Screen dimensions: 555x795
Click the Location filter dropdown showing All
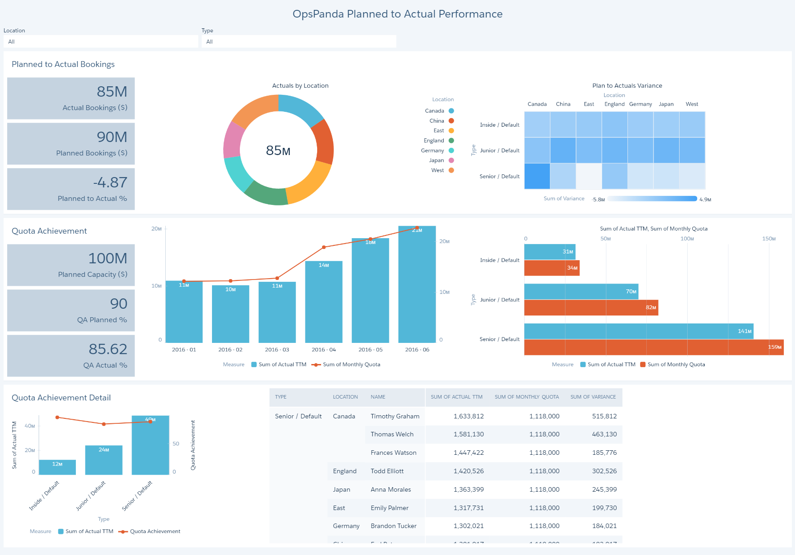point(101,42)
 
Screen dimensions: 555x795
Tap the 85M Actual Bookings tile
point(71,98)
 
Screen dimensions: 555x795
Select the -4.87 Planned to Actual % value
point(110,182)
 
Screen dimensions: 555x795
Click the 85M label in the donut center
point(278,151)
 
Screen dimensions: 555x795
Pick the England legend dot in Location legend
point(451,141)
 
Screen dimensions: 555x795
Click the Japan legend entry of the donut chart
point(437,160)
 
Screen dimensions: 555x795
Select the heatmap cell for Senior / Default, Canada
point(537,176)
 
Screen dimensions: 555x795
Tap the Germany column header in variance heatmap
point(640,104)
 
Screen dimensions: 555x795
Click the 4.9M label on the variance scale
point(705,200)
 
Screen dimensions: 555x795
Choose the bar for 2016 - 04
point(324,301)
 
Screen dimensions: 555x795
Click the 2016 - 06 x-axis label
point(417,350)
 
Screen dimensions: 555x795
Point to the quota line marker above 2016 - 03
point(277,278)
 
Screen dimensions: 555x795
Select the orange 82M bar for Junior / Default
point(591,308)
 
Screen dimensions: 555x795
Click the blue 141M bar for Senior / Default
point(638,331)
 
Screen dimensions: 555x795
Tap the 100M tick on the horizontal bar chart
point(687,239)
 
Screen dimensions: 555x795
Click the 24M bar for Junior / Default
point(104,460)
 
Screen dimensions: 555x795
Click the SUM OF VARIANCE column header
point(593,397)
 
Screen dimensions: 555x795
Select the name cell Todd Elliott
point(387,471)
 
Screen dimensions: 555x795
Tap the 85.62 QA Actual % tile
point(71,355)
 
